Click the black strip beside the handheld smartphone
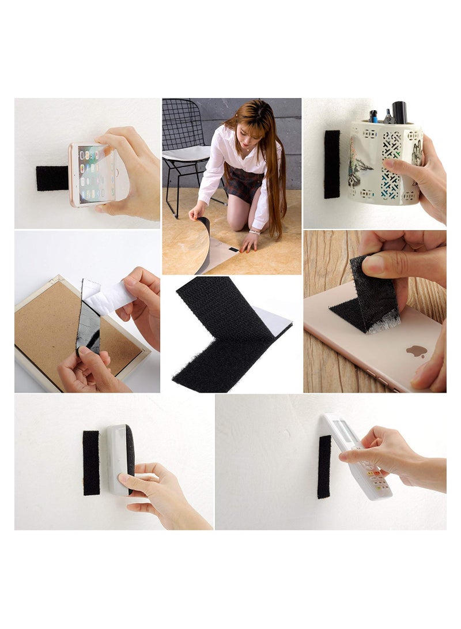click(52, 178)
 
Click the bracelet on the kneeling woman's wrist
click(254, 232)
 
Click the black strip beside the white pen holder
click(332, 164)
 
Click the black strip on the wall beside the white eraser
click(91, 462)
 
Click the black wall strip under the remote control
click(324, 467)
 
